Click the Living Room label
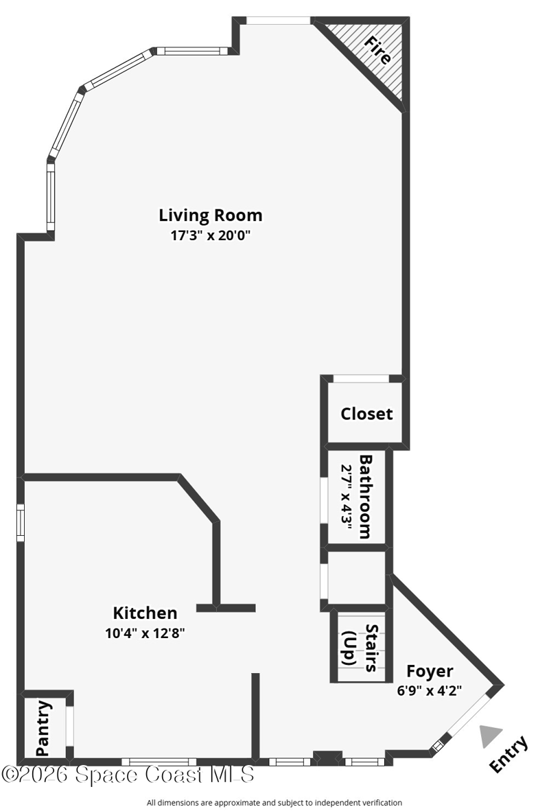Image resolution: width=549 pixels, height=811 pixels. click(x=210, y=215)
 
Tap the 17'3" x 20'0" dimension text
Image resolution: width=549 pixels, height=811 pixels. click(x=210, y=236)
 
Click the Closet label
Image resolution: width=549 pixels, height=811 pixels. click(x=366, y=414)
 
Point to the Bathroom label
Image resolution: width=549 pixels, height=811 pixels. click(x=366, y=497)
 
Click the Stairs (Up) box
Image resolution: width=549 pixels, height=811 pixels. click(x=358, y=647)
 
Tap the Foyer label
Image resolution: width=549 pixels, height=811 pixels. click(x=430, y=671)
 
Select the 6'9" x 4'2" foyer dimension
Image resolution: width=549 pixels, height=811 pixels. click(x=430, y=690)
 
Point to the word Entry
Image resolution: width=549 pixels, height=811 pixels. click(x=509, y=753)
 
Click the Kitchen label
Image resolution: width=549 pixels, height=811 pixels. click(x=145, y=613)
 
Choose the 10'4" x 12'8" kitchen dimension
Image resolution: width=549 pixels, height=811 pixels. click(x=145, y=633)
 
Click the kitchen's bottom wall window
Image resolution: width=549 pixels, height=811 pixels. click(x=159, y=762)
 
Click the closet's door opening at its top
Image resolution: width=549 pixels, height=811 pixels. click(x=361, y=379)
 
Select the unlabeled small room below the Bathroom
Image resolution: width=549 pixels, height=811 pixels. click(x=357, y=577)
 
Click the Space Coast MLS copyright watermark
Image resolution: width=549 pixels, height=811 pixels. click(x=128, y=775)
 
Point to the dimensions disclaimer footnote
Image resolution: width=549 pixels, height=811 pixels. click(x=274, y=803)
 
